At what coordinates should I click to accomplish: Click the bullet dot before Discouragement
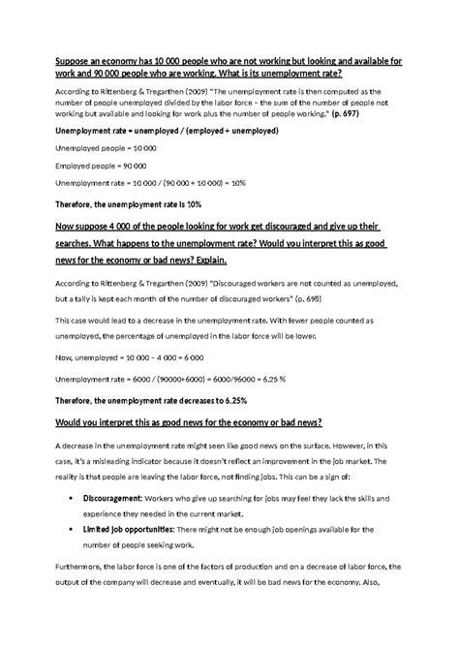point(76,496)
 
